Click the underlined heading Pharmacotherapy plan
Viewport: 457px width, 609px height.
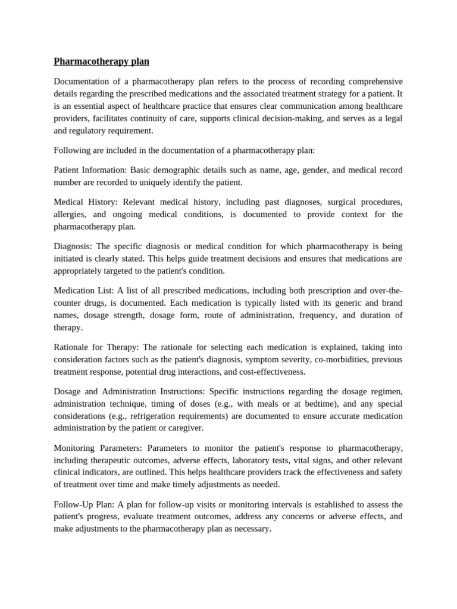101,61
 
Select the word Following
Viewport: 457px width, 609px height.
71,150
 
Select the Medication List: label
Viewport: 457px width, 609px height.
84,291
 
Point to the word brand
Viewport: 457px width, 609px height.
391,303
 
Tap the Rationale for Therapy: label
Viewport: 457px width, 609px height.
97,347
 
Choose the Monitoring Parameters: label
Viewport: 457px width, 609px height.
99,448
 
